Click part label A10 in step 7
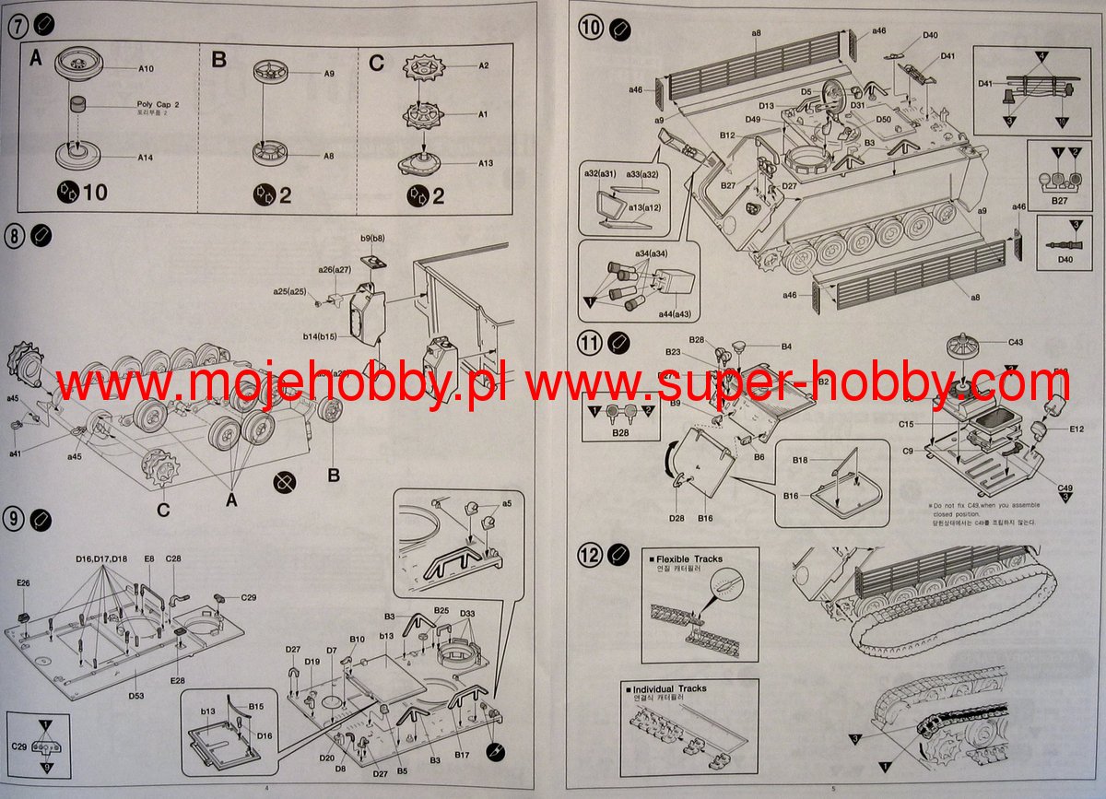146,68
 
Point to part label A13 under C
485,163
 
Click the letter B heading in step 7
219,61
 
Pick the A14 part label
146,158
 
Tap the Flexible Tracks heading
688,558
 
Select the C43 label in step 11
1016,343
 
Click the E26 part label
23,582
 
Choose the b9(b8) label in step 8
372,239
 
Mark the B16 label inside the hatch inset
790,496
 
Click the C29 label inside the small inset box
18,745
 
